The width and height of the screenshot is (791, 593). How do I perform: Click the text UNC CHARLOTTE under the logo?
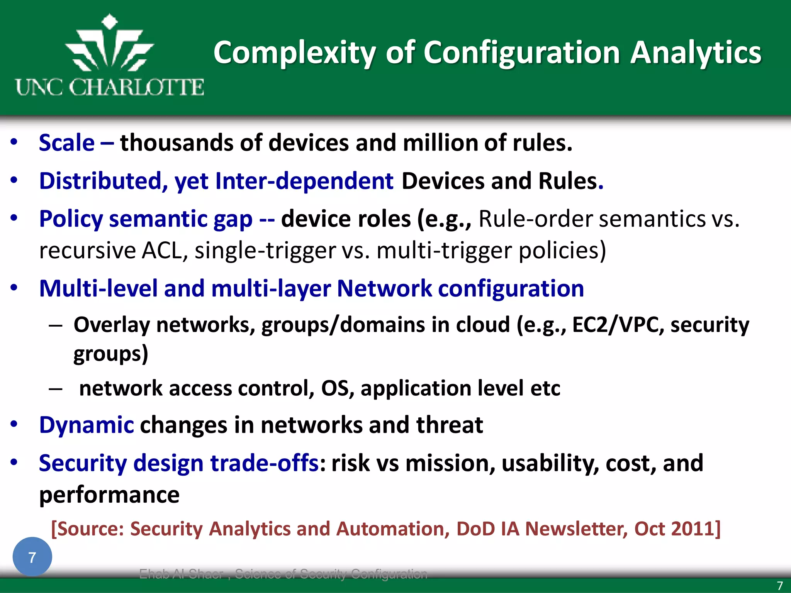pos(110,87)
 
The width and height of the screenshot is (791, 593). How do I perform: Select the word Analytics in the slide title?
pos(696,53)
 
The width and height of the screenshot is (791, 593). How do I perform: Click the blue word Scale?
pos(67,143)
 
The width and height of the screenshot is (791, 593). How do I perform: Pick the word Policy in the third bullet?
pos(71,219)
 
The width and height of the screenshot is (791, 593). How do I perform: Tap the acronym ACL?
pos(165,251)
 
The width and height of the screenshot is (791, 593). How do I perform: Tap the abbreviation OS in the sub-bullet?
pos(335,388)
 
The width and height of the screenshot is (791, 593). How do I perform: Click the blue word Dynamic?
pos(87,425)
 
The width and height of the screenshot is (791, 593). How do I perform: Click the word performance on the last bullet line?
pos(109,495)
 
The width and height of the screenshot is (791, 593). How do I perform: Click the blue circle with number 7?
pos(32,557)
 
